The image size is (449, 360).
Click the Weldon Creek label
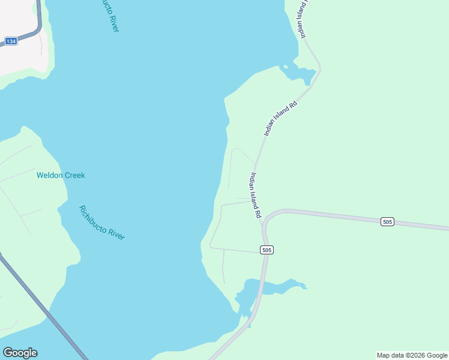[x=61, y=175]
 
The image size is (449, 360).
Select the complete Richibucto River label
[x=101, y=223]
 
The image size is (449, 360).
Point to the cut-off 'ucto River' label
[x=109, y=16]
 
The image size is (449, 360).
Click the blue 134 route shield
[x=11, y=41]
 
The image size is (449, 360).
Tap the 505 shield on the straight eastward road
[x=387, y=222]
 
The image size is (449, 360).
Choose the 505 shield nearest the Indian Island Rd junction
[x=267, y=250]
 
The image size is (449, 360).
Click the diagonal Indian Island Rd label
[x=280, y=118]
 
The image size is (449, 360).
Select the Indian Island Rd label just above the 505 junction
[x=256, y=196]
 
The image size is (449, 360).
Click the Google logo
[x=20, y=353]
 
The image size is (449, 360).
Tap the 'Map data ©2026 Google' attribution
[x=412, y=355]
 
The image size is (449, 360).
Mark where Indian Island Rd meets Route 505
[x=262, y=221]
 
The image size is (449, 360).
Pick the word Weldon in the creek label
[x=49, y=175]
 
